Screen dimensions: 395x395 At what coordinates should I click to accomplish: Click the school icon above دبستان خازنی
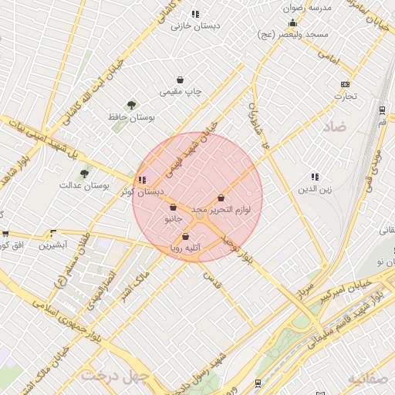195,14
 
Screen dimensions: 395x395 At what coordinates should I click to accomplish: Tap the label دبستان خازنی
195,25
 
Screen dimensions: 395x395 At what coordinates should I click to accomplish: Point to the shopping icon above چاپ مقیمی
180,79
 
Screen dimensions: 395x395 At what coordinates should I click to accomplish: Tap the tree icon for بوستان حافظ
132,105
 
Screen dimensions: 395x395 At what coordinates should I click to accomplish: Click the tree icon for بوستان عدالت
84,174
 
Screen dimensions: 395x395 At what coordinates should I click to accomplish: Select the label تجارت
344,96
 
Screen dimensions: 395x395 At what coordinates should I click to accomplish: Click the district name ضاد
333,125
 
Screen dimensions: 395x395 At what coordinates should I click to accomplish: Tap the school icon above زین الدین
314,177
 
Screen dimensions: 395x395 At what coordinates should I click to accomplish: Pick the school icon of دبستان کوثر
141,179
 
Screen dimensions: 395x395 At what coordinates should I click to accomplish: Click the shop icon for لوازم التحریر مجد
221,198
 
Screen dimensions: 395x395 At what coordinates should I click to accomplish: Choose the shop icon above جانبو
173,207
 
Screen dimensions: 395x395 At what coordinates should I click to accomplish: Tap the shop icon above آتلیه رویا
185,236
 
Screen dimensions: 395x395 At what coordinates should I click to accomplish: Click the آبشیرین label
54,245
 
